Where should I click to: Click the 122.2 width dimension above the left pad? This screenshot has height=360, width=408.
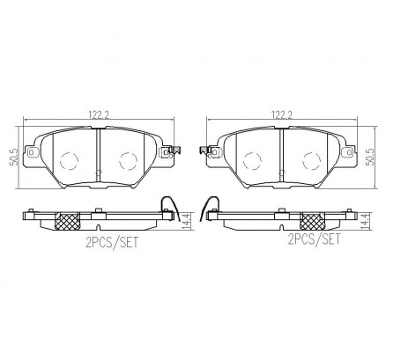(x=99, y=114)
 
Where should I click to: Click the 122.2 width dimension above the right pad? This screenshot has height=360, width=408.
(x=282, y=114)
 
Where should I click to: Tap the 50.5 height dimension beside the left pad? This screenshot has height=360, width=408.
(x=15, y=158)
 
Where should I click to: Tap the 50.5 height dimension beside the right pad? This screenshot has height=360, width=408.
(x=371, y=158)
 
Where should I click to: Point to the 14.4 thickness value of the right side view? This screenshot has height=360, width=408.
(x=365, y=221)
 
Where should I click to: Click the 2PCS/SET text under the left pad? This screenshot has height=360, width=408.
(x=112, y=243)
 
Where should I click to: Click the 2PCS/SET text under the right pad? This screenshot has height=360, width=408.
(x=315, y=239)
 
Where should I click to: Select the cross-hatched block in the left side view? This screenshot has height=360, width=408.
(x=68, y=221)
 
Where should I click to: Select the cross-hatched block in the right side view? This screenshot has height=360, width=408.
(x=312, y=221)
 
